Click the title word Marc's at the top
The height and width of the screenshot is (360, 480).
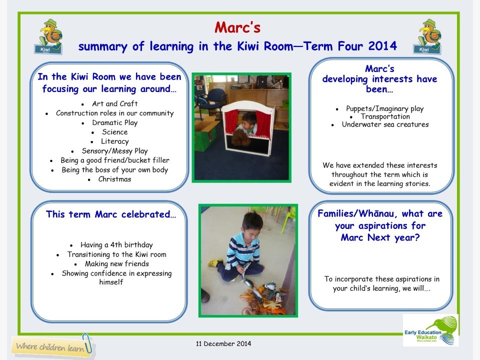(x=237, y=27)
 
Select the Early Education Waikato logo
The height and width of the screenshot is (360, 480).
(x=430, y=330)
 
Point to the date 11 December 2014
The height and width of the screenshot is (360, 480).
(x=223, y=344)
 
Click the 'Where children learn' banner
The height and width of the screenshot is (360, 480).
(x=52, y=346)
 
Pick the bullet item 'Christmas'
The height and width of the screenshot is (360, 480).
(x=114, y=179)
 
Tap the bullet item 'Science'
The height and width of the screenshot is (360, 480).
(x=114, y=132)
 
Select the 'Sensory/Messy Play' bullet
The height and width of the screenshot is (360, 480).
(x=114, y=150)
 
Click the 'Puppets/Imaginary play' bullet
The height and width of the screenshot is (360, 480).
(x=384, y=108)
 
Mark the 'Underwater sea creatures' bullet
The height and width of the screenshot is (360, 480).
(x=384, y=124)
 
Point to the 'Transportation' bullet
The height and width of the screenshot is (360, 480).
(x=385, y=116)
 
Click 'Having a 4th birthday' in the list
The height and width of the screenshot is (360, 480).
(x=116, y=245)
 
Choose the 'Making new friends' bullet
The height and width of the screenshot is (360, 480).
(x=116, y=263)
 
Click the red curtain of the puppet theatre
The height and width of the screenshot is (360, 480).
(x=231, y=122)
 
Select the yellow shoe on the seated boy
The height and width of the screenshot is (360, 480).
(x=215, y=262)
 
